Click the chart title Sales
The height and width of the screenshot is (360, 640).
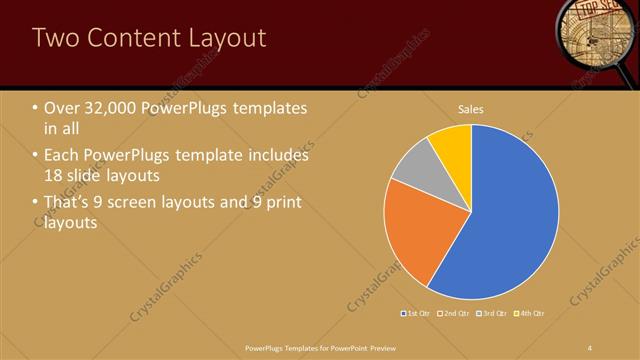tap(472, 107)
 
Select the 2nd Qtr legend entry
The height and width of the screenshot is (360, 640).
tap(453, 314)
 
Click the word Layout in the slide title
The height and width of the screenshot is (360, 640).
tap(222, 38)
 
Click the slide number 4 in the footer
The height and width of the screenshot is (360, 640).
tap(590, 346)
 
